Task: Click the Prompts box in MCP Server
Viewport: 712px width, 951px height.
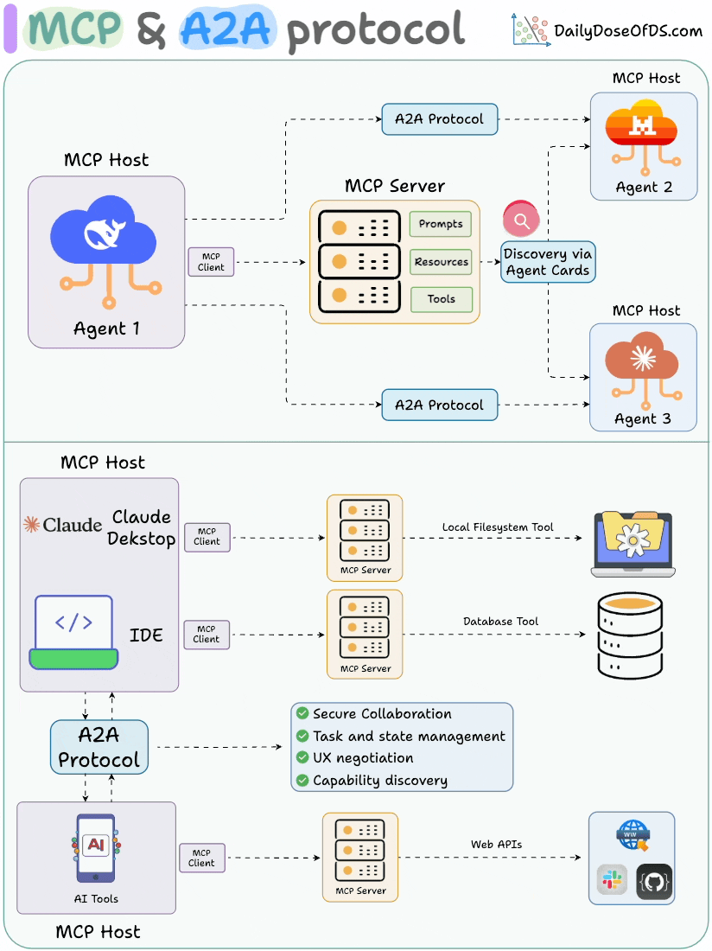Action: click(x=441, y=224)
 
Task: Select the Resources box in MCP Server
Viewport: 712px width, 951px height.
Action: click(x=441, y=262)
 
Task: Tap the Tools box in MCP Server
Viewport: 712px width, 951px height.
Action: click(x=441, y=299)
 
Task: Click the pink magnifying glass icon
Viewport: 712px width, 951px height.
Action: click(x=521, y=220)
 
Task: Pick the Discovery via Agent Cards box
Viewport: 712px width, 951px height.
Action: click(x=548, y=262)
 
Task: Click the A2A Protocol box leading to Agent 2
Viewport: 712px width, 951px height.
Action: click(x=440, y=119)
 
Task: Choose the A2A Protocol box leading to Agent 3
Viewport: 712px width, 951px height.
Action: click(x=440, y=405)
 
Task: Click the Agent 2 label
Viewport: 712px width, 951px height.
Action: click(x=644, y=187)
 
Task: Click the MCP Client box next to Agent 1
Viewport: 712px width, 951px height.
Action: click(x=211, y=262)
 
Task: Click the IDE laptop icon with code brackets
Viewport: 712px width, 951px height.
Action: click(x=73, y=631)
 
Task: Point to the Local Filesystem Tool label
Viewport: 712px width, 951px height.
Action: click(x=498, y=527)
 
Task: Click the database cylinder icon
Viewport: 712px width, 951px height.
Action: click(x=630, y=635)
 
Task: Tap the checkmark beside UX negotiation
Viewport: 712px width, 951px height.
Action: click(x=302, y=757)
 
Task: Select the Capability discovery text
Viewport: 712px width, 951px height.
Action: click(x=380, y=780)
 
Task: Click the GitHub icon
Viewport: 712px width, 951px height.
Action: click(x=654, y=882)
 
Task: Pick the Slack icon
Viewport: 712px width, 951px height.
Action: click(x=612, y=882)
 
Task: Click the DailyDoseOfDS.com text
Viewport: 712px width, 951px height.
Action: click(x=627, y=31)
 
